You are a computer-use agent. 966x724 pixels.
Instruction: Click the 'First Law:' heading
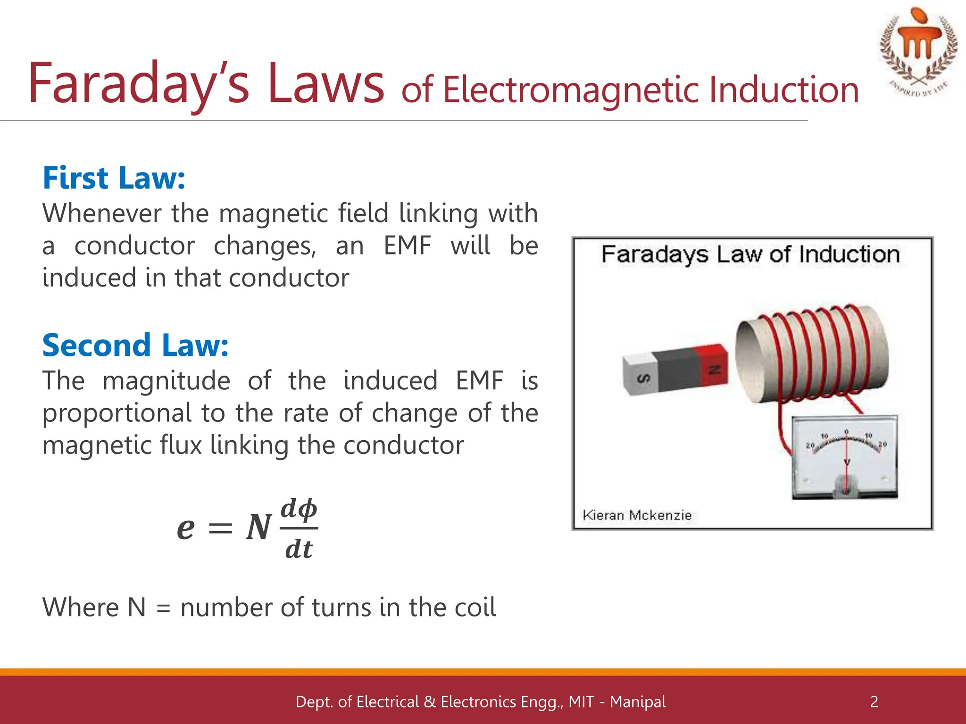tap(114, 178)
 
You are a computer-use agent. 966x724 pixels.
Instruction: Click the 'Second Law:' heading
tap(135, 346)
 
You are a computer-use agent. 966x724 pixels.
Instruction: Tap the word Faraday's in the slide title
tap(138, 84)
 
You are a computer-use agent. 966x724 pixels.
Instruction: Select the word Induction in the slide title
tap(783, 90)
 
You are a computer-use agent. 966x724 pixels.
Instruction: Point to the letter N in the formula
tap(259, 527)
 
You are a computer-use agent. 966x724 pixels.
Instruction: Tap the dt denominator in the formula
tap(299, 549)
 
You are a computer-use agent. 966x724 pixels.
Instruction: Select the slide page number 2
tap(874, 701)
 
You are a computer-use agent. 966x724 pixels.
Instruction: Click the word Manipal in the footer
tap(637, 701)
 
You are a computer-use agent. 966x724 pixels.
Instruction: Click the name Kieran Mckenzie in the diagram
tap(637, 515)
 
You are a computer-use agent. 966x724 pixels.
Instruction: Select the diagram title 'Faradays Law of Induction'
tap(750, 255)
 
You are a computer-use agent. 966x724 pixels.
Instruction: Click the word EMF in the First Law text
tap(408, 246)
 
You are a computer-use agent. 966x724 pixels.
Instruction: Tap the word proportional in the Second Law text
tap(117, 413)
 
